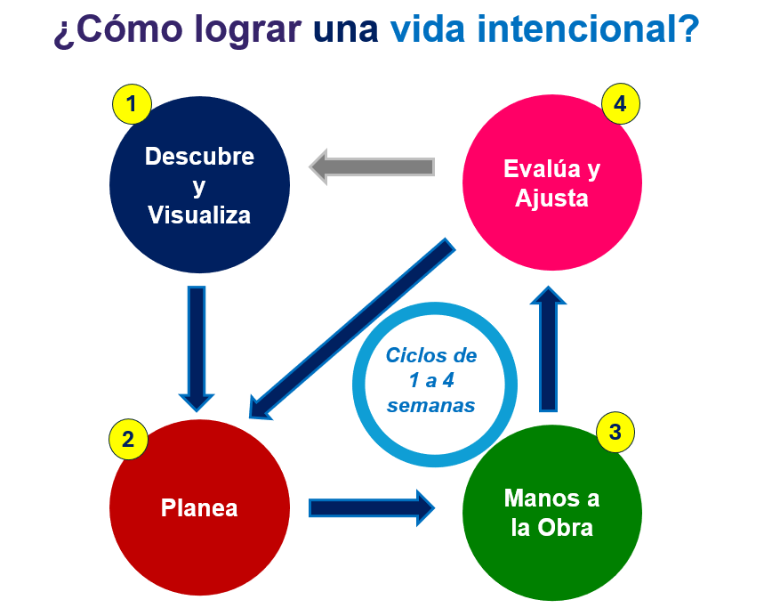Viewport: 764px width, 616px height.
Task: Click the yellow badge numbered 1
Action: point(132,105)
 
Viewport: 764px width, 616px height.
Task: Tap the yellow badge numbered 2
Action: point(128,438)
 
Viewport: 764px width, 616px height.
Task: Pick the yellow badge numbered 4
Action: point(620,103)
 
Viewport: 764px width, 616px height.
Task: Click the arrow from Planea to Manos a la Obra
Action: point(371,507)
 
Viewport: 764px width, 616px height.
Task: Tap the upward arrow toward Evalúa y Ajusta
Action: point(549,349)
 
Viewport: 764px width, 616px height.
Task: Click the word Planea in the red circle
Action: point(199,508)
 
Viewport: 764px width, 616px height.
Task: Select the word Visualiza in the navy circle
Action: point(199,215)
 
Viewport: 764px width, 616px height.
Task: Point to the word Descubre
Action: point(199,157)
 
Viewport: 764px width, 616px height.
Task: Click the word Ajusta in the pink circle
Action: point(551,198)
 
